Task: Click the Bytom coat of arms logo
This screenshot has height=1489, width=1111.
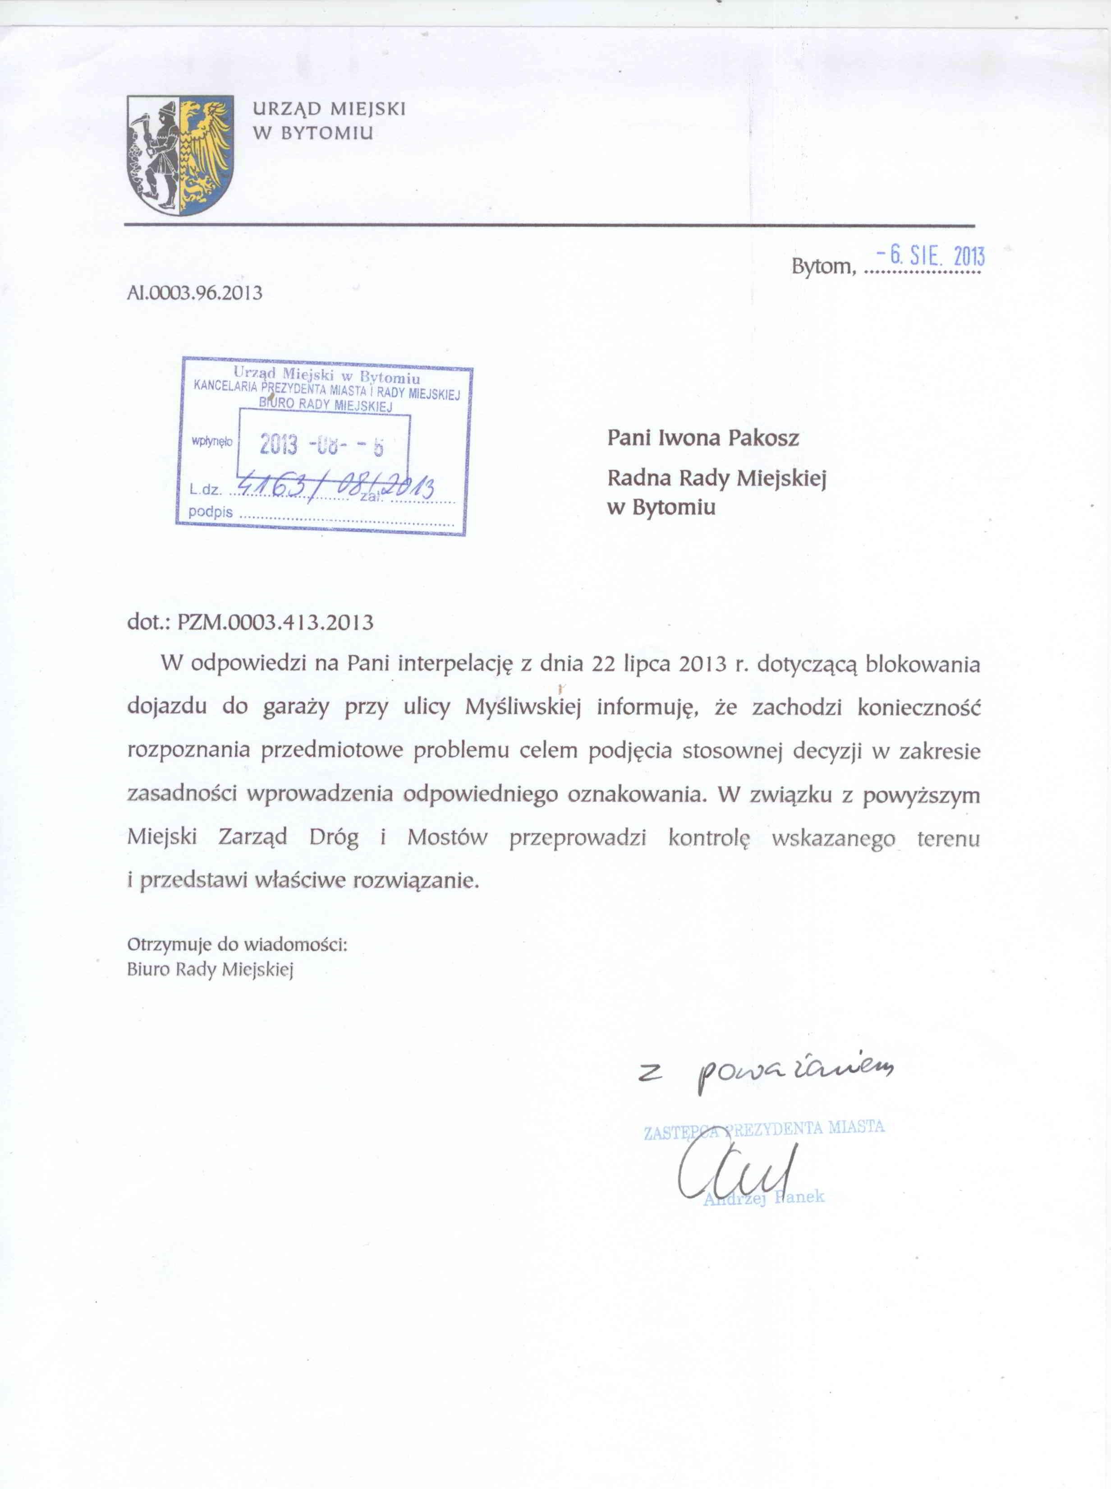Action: click(x=181, y=155)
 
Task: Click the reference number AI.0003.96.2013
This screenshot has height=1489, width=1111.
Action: click(x=194, y=293)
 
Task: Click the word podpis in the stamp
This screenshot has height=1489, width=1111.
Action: click(x=211, y=512)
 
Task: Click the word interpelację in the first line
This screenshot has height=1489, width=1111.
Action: click(x=454, y=665)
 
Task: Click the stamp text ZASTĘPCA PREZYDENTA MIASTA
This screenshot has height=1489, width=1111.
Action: click(x=764, y=1130)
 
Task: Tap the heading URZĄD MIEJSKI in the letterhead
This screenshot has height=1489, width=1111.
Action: click(x=329, y=110)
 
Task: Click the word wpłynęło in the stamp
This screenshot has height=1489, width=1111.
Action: click(x=212, y=441)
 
